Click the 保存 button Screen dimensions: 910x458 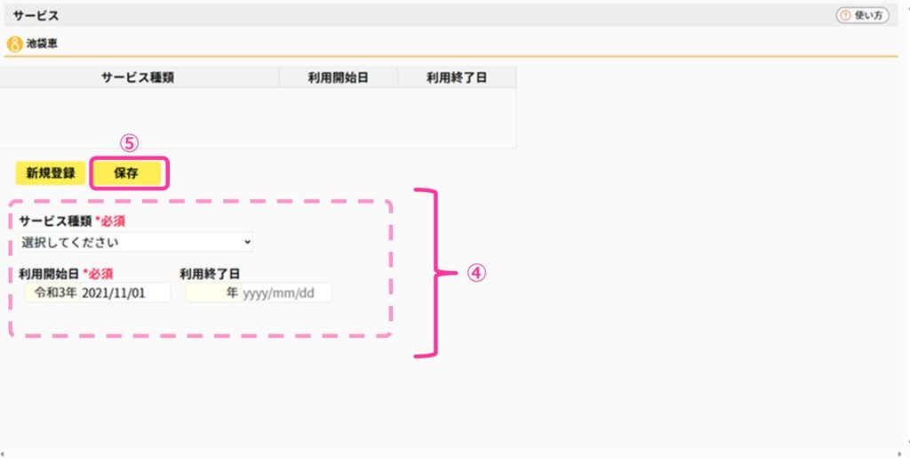(126, 173)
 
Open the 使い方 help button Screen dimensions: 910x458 (862, 16)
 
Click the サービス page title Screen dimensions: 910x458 (36, 16)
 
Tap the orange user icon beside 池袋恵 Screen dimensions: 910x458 (14, 44)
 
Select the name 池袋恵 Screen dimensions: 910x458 (42, 44)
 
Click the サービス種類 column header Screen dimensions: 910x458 (138, 77)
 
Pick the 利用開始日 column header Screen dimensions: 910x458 (339, 77)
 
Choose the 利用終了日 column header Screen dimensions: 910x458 (457, 77)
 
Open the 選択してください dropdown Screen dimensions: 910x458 (136, 242)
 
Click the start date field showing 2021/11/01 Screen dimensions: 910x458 (124, 293)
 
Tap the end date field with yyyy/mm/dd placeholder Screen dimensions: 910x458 (286, 293)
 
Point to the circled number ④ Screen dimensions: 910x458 (476, 273)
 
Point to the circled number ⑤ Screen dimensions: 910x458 (129, 143)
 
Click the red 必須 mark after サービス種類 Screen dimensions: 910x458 (110, 221)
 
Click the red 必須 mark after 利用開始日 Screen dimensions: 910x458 (98, 274)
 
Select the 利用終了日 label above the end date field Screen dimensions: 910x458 (210, 274)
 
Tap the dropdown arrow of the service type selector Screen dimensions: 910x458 (248, 242)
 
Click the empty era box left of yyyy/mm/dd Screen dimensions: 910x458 (213, 293)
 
